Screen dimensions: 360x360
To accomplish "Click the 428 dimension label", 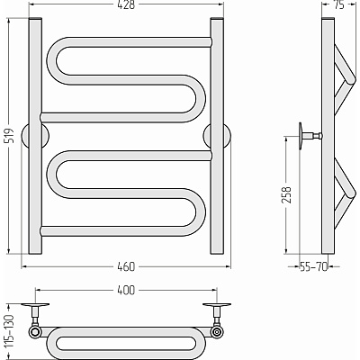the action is click(x=126, y=5).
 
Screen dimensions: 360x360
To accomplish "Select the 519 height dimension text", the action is click(x=10, y=136).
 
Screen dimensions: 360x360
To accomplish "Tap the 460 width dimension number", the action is click(x=126, y=266).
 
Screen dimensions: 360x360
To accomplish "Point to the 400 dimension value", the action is click(x=126, y=290).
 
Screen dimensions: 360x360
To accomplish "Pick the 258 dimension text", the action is click(x=287, y=195).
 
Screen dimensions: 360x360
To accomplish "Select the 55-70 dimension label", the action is click(x=314, y=266).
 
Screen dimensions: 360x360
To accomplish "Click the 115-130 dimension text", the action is click(x=10, y=331).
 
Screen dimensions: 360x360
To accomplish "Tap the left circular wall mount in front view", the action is click(x=35, y=136).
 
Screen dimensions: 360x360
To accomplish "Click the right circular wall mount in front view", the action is click(x=217, y=136).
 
